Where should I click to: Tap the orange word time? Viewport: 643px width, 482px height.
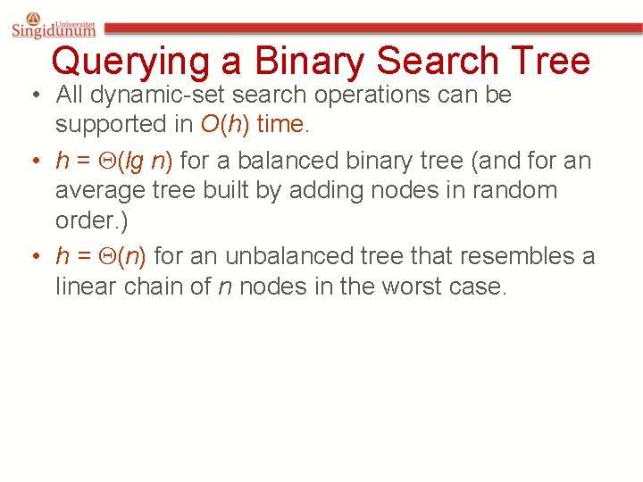(281, 125)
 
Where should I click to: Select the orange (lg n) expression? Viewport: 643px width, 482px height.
(146, 161)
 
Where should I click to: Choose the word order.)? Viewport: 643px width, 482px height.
(92, 220)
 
